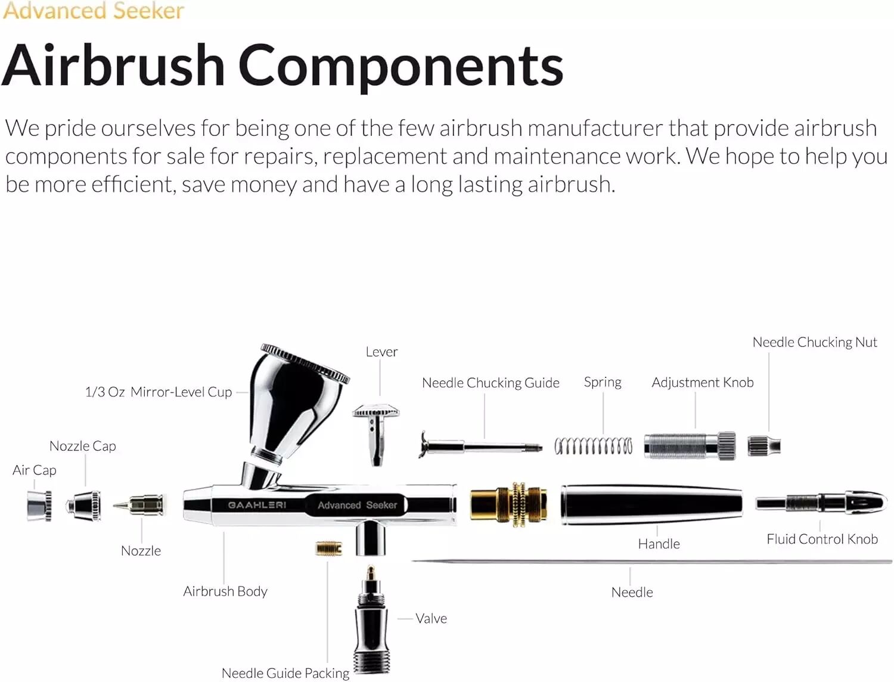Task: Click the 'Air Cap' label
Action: pyautogui.click(x=35, y=470)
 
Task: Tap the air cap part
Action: pyautogui.click(x=39, y=506)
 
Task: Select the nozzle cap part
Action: pyautogui.click(x=83, y=506)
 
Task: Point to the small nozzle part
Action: pyautogui.click(x=139, y=506)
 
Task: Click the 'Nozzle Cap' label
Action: pyautogui.click(x=83, y=446)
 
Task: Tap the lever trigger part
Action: pyautogui.click(x=376, y=434)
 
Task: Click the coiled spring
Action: pyautogui.click(x=594, y=446)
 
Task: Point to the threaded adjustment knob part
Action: pyautogui.click(x=690, y=446)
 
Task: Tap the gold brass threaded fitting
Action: pyautogui.click(x=509, y=505)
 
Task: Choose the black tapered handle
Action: pyautogui.click(x=651, y=504)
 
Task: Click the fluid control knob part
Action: pyautogui.click(x=821, y=503)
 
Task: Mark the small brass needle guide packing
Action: pyautogui.click(x=329, y=548)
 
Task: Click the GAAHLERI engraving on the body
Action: pyautogui.click(x=257, y=505)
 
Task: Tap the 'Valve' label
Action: pyautogui.click(x=432, y=618)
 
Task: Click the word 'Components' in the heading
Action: pyautogui.click(x=401, y=66)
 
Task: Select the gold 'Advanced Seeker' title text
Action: pyautogui.click(x=93, y=11)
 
